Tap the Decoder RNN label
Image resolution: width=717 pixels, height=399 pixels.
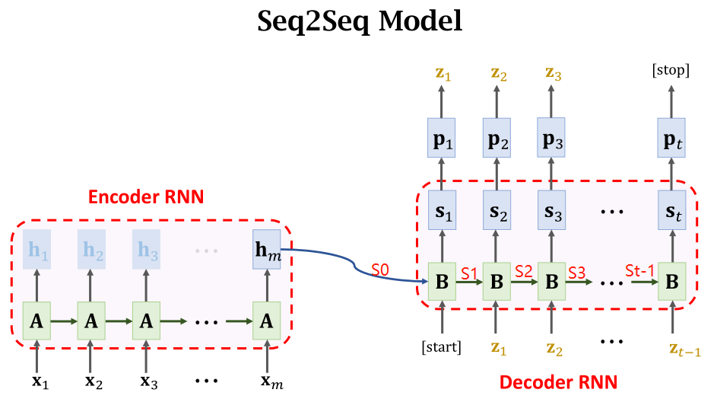coord(557,380)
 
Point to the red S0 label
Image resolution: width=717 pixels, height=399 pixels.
coord(382,270)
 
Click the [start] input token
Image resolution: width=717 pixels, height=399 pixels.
coord(442,348)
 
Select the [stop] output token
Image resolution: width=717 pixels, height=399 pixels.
coord(671,72)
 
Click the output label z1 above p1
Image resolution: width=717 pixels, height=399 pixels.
coord(442,73)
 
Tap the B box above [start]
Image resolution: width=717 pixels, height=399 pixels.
coord(442,282)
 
